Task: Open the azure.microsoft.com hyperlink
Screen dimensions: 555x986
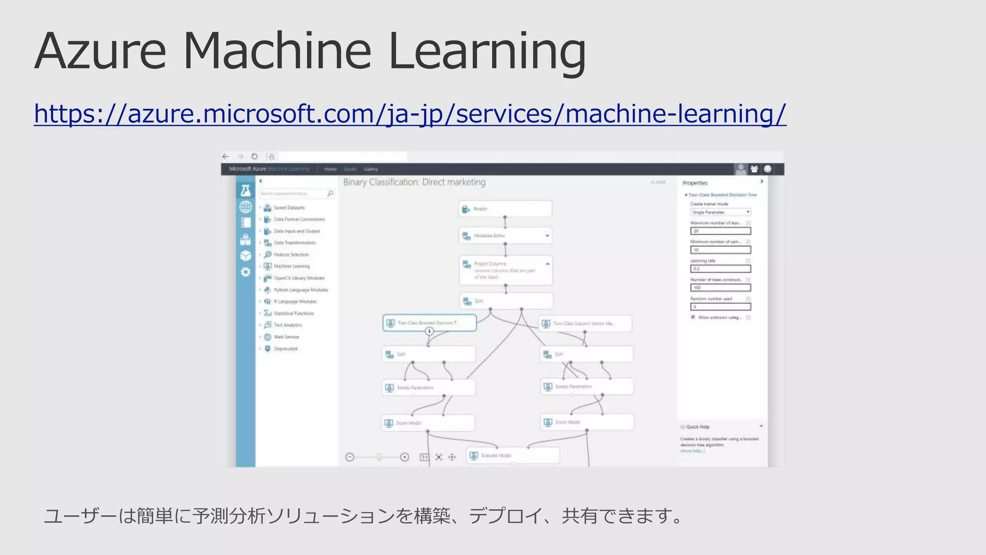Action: [410, 114]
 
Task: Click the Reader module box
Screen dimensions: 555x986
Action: [505, 209]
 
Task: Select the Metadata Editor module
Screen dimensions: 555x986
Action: [505, 236]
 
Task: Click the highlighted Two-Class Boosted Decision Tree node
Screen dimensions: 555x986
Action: [429, 322]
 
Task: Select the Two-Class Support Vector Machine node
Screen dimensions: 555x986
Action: [584, 323]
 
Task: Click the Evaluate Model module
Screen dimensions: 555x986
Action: [512, 455]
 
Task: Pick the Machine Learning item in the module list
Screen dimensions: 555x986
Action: [291, 266]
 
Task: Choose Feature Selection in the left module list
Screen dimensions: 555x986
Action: [291, 254]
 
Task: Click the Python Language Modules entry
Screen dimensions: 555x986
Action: [300, 290]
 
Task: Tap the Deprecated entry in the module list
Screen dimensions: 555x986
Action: [285, 349]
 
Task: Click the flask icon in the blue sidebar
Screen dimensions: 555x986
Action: [246, 190]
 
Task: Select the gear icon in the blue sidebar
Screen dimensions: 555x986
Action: [246, 272]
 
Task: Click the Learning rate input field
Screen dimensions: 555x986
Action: [720, 269]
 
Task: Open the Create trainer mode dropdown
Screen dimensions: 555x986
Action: [720, 212]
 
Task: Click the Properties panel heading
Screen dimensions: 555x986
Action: [695, 183]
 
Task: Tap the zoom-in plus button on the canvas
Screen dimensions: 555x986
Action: [404, 457]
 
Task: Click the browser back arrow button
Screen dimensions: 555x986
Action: [225, 157]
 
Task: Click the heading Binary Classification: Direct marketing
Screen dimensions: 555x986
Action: [414, 182]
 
